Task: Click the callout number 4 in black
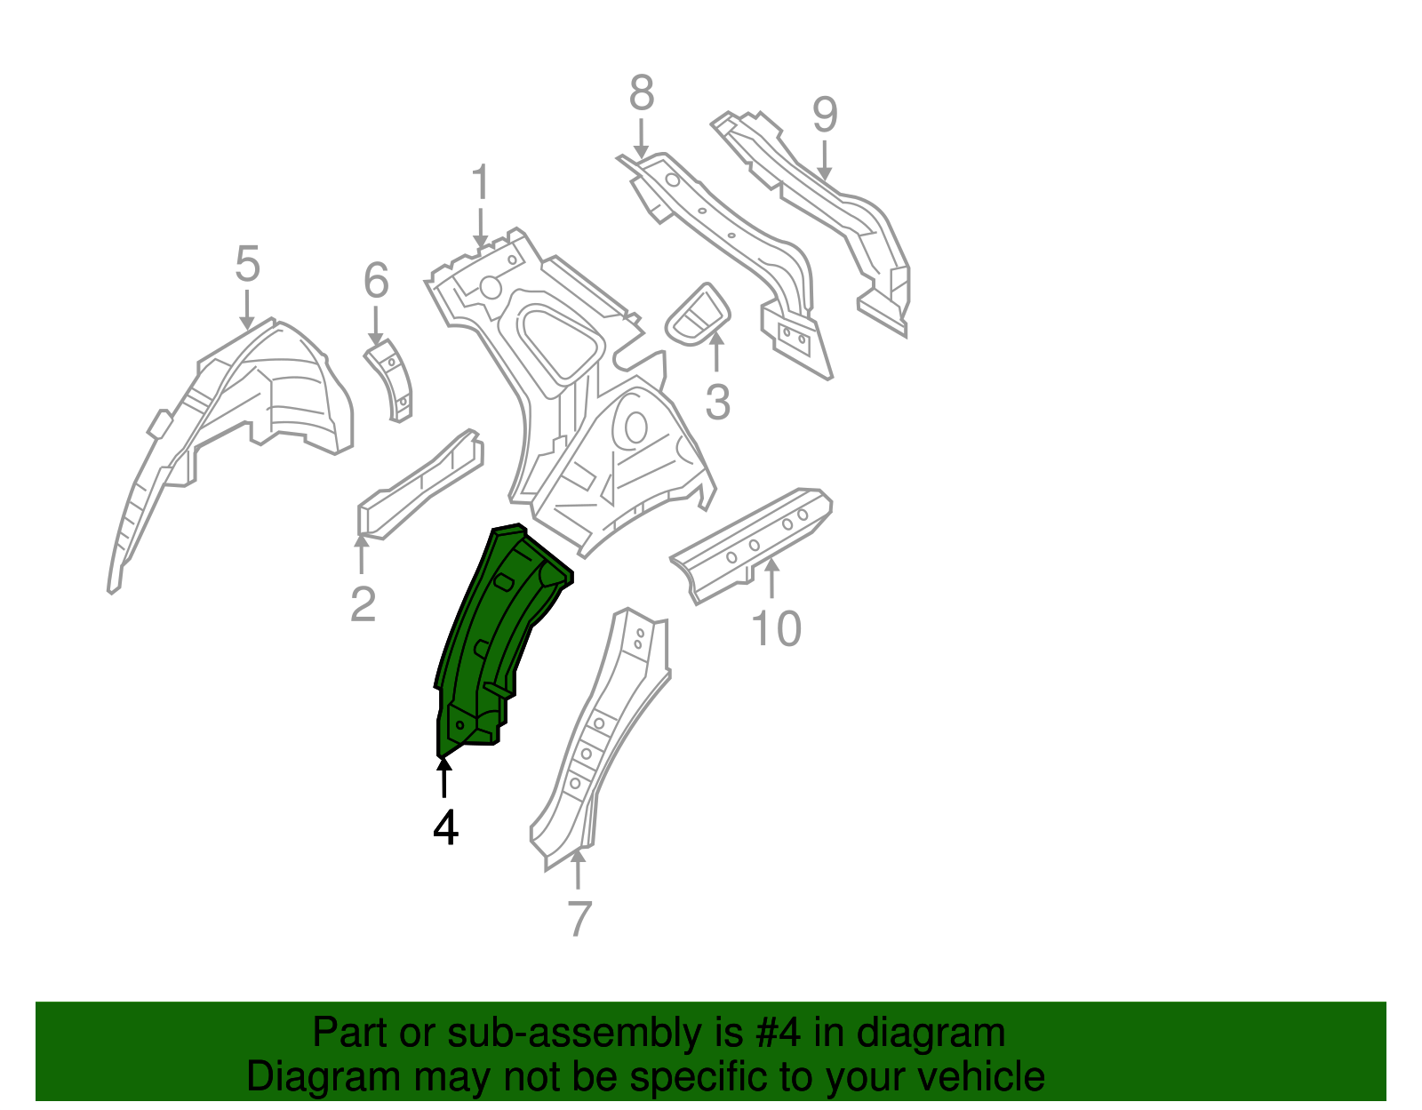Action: tap(445, 828)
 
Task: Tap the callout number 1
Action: tap(480, 183)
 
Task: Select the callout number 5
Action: tap(247, 264)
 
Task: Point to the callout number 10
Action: tap(776, 629)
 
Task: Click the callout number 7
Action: tap(579, 919)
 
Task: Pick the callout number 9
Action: tap(825, 115)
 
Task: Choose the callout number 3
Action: tap(717, 402)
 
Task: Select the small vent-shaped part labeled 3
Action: tap(699, 315)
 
